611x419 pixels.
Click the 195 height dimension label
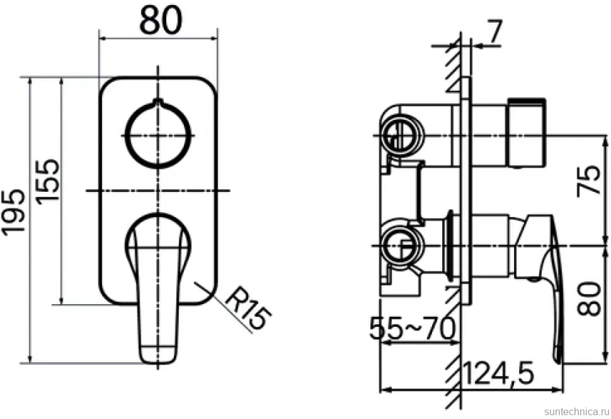[14, 213]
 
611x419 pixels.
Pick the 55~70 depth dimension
[412, 328]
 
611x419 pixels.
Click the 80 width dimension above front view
[161, 20]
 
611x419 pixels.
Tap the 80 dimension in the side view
[589, 298]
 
